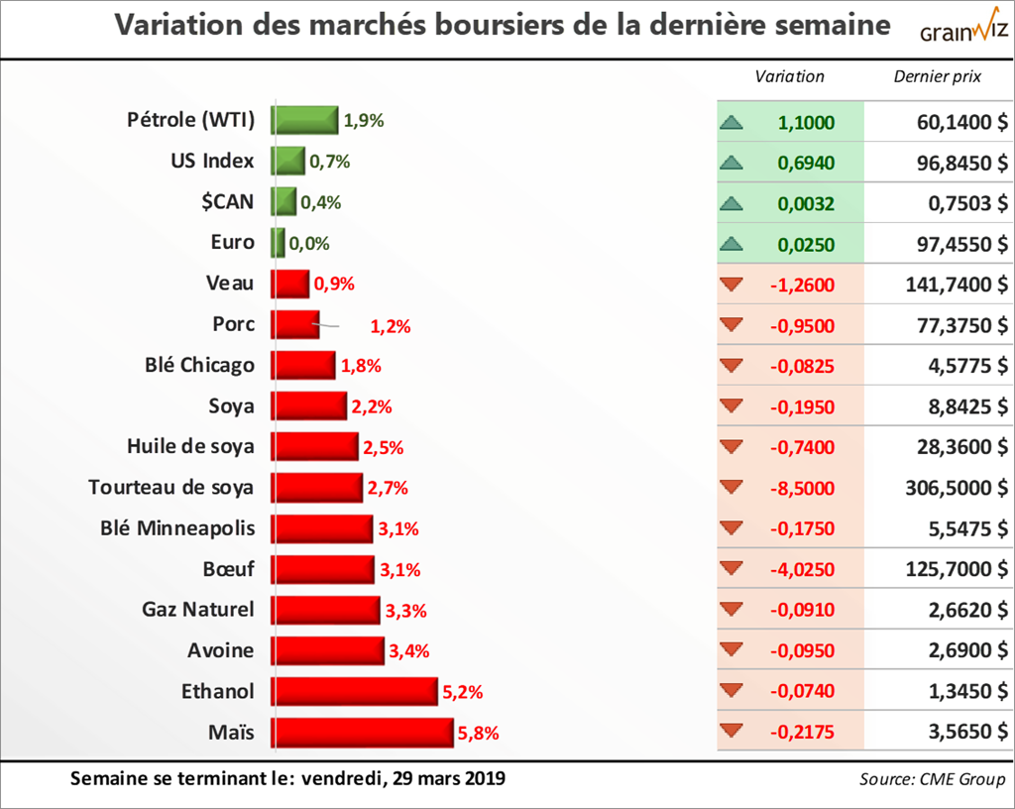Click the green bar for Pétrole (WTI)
point(305,120)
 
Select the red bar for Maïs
point(364,733)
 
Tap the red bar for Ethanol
point(356,691)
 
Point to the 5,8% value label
point(478,734)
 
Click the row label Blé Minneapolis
point(177,527)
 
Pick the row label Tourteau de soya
point(170,487)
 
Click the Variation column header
point(789,76)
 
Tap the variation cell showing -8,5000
point(802,488)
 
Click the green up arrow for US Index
point(732,163)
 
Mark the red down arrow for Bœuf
point(732,569)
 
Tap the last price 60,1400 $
point(959,122)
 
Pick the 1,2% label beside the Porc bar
point(390,325)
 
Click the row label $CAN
point(226,201)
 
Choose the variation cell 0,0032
point(806,203)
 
